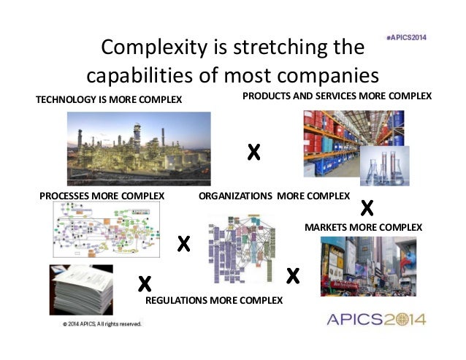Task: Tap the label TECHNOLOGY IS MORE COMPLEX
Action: (x=109, y=99)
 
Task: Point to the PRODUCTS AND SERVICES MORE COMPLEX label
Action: (x=337, y=96)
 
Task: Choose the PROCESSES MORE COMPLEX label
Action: (x=102, y=196)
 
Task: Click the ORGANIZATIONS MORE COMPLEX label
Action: (x=275, y=196)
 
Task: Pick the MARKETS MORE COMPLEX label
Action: (x=363, y=227)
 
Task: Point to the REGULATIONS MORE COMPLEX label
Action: (x=214, y=299)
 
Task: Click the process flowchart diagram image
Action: (x=107, y=229)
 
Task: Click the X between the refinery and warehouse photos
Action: (x=253, y=153)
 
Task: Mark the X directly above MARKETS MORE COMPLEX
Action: (x=367, y=208)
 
